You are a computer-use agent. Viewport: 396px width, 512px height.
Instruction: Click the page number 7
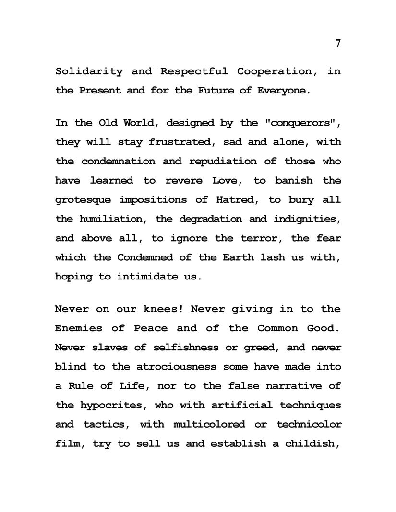[x=338, y=43]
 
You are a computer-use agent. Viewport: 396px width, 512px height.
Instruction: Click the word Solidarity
[x=89, y=72]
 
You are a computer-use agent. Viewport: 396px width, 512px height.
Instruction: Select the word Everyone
[x=282, y=91]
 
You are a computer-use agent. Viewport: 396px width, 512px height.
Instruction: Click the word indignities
[x=307, y=219]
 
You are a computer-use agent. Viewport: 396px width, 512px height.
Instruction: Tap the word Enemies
[x=79, y=328]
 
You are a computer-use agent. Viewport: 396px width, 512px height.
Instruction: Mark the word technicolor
[x=309, y=425]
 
